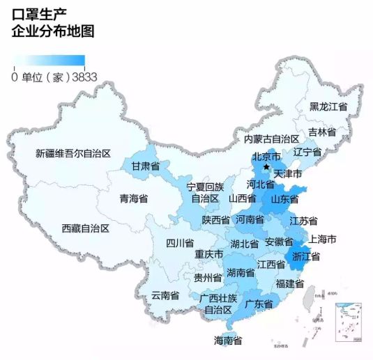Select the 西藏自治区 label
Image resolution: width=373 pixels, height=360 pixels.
pos(84,228)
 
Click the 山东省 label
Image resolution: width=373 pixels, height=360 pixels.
pos(284,198)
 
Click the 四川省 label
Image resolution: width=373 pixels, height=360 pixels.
pos(179,243)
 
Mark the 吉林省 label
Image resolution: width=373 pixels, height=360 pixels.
pos(322,132)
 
